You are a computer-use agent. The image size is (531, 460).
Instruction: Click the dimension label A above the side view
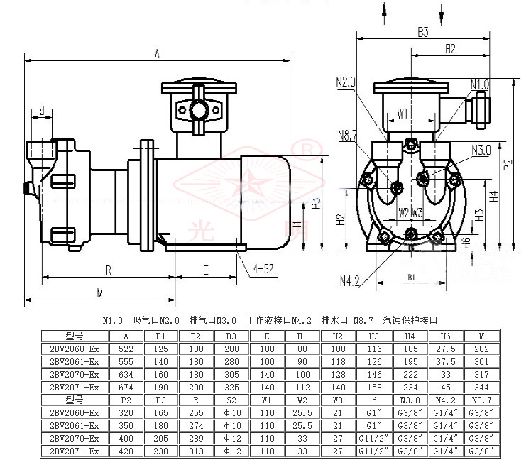click(157, 53)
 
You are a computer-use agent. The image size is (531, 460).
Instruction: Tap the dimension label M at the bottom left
click(100, 292)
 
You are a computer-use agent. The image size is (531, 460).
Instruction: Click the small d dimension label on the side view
click(42, 110)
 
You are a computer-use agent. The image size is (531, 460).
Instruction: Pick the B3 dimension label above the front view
click(424, 32)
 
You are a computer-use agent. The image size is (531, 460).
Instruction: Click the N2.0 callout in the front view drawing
click(346, 82)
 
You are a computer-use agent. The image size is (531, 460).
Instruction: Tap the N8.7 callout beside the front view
click(348, 135)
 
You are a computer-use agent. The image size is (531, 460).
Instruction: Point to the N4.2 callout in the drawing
click(349, 282)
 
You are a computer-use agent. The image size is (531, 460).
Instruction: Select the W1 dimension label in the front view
click(403, 114)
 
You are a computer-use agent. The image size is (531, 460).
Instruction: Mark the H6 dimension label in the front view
click(466, 241)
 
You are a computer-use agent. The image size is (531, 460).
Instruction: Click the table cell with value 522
click(126, 349)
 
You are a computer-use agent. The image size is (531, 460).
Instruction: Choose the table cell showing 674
click(126, 387)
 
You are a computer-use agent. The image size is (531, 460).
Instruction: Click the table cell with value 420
click(126, 449)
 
